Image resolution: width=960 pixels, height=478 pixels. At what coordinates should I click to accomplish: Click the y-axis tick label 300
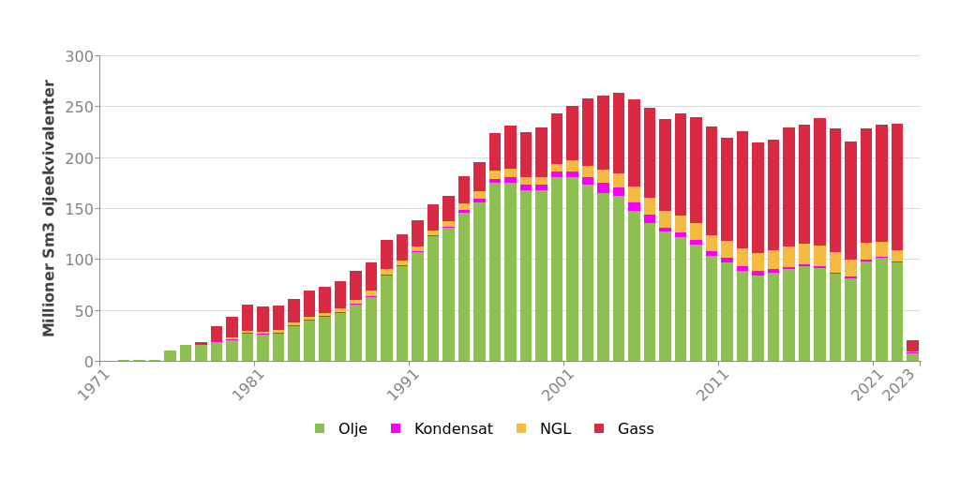click(79, 56)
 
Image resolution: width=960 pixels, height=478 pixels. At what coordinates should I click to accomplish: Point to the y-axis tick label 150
click(79, 209)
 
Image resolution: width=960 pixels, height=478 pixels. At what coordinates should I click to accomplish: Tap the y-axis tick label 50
click(83, 310)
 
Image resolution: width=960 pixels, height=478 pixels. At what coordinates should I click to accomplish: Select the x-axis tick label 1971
click(94, 384)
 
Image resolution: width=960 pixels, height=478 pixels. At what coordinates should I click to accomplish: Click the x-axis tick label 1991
click(403, 384)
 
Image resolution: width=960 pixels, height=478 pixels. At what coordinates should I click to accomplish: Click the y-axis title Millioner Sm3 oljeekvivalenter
click(50, 208)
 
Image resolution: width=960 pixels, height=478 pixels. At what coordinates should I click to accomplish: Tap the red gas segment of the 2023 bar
click(913, 346)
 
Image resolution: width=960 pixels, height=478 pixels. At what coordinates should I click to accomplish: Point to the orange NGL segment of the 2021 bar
click(882, 249)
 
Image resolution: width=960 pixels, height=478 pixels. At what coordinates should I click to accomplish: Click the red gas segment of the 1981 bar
click(263, 320)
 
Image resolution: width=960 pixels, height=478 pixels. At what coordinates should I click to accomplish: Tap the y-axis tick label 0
click(87, 362)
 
